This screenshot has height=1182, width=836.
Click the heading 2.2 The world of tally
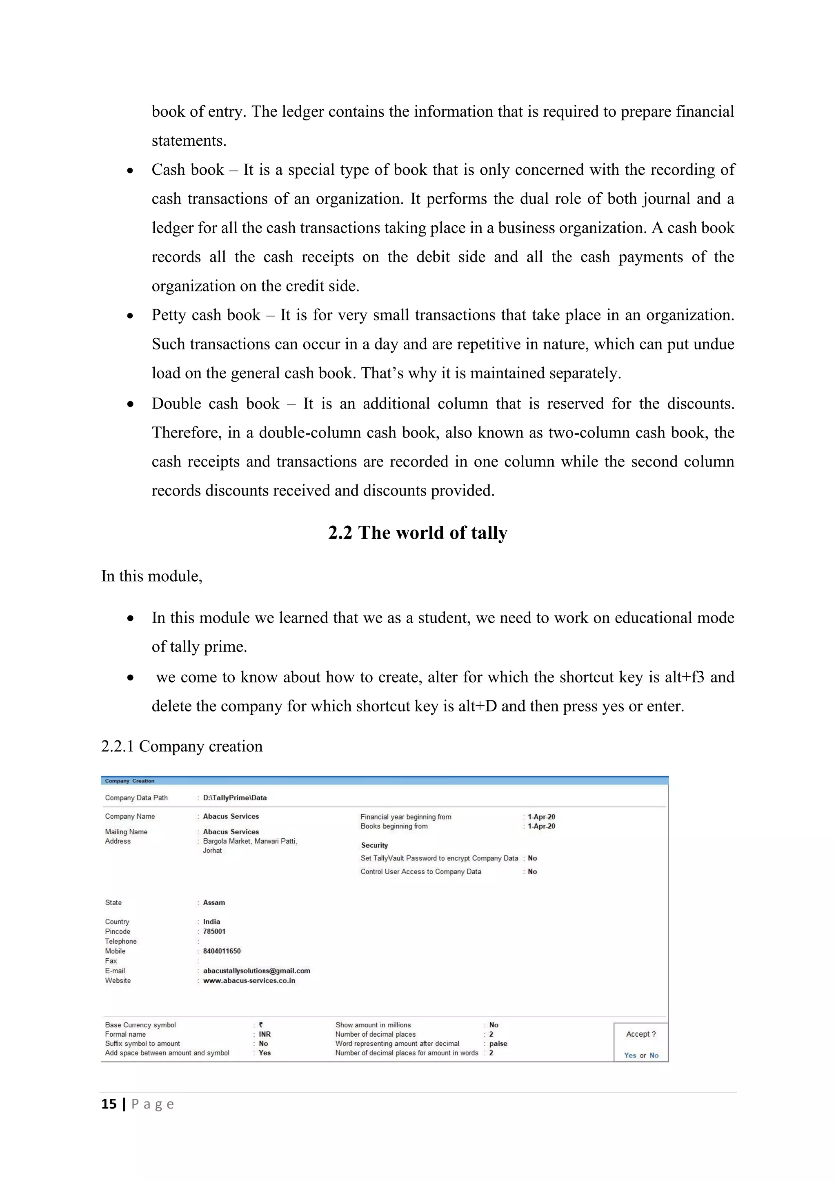click(418, 533)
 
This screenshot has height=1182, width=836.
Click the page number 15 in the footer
click(109, 1104)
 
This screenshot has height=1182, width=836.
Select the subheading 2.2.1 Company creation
click(182, 746)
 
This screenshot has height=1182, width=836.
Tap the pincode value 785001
click(214, 931)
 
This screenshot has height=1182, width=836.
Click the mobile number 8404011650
click(222, 951)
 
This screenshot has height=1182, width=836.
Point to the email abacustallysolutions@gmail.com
click(256, 971)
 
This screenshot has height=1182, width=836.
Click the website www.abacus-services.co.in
click(249, 980)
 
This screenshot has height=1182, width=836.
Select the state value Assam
click(213, 902)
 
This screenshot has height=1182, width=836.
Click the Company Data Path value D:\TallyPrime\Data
click(235, 798)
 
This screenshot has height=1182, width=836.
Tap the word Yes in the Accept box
click(630, 1055)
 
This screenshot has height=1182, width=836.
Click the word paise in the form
click(498, 1044)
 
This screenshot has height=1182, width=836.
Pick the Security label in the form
click(374, 845)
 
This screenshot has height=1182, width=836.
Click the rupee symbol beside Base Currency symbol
click(261, 1024)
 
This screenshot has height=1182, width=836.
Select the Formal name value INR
click(265, 1034)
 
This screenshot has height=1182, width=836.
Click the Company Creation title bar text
click(130, 781)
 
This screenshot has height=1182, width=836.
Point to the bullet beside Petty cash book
click(130, 315)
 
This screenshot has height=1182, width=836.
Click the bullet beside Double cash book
click(130, 404)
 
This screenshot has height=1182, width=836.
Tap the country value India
click(211, 922)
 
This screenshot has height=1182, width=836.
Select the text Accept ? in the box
click(641, 1034)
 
